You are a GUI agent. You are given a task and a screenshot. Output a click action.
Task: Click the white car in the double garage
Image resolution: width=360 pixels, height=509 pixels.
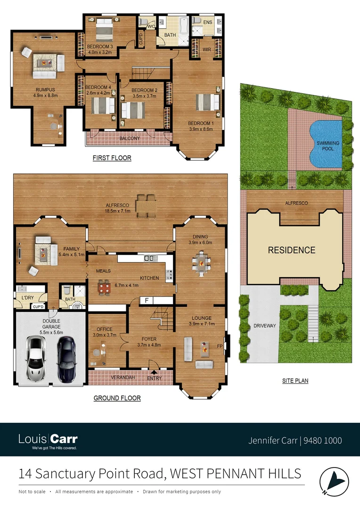pos(36,358)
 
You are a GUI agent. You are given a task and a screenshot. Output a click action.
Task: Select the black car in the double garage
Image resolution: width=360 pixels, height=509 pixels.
pos(66,358)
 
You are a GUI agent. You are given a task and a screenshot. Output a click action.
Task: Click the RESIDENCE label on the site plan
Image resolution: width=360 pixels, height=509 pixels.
pos(292,250)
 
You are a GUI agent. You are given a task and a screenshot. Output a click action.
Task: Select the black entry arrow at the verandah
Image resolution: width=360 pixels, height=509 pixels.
pos(154,372)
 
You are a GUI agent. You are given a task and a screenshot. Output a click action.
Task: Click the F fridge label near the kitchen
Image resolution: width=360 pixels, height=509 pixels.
pos(147,300)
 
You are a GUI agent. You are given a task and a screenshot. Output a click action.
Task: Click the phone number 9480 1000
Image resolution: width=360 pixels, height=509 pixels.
pos(323,441)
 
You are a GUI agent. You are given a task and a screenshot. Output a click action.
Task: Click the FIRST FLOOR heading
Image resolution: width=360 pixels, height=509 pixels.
pos(112,158)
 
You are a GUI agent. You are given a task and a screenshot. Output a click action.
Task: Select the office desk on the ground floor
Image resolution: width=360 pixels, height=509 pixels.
pos(100,353)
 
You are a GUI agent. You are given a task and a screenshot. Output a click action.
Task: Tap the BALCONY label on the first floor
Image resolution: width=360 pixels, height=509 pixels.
pos(129,138)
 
